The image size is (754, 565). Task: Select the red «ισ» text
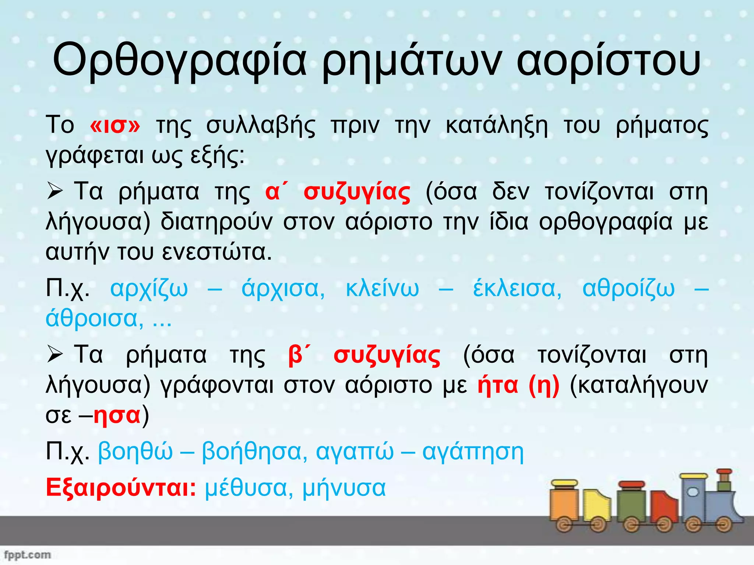[x=115, y=125]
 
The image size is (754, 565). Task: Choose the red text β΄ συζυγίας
[x=364, y=355]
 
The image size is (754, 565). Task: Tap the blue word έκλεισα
[x=517, y=288]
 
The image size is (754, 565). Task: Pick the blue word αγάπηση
[x=473, y=452]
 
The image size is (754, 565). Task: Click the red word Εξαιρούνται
[x=121, y=488]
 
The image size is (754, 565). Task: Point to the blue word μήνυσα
[x=344, y=488]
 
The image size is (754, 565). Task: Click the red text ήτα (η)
[x=518, y=385]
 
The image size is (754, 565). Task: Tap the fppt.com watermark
[x=27, y=554]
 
